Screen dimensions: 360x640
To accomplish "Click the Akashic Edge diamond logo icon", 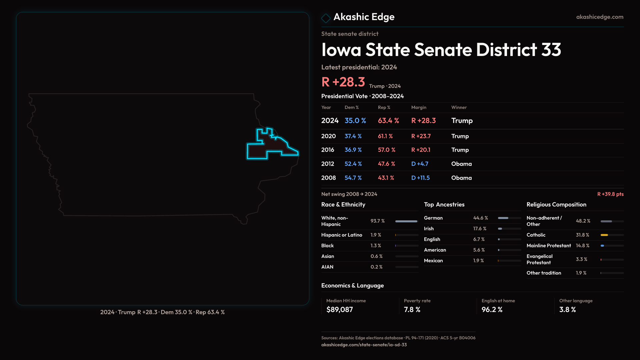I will coord(326,18).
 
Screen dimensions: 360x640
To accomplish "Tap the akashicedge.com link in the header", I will coord(599,17).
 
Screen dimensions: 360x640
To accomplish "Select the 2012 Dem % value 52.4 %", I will coord(353,164).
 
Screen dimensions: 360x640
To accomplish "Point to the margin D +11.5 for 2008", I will coord(420,178).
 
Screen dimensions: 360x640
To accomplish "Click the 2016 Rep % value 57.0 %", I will coord(386,150).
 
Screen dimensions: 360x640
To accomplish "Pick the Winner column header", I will coord(459,107).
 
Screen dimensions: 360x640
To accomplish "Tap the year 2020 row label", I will coord(328,136).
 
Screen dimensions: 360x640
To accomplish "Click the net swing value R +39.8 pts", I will coord(610,194).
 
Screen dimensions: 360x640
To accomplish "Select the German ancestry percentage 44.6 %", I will coord(480,218).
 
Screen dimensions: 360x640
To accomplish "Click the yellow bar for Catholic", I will coord(604,235).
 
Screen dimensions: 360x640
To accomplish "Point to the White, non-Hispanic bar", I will coord(406,221).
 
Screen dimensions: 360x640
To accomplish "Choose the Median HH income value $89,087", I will coord(339,309).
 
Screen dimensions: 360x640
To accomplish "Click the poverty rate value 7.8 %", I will coord(412,309).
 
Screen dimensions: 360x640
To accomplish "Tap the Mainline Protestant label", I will coord(548,245).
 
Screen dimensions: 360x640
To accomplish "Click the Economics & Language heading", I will coord(352,285).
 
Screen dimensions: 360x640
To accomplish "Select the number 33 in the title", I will coord(551,50).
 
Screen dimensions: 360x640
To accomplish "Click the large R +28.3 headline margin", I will coord(343,82).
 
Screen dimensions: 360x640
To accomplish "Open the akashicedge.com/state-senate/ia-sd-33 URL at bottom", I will coord(364,345).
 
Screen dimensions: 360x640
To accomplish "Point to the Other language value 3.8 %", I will coord(567,309).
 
